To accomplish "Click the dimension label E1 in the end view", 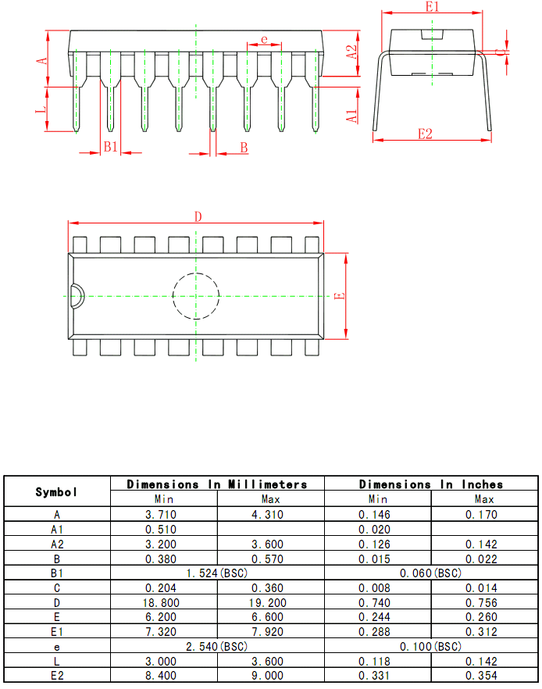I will pos(433,6).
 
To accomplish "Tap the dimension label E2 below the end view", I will pos(425,134).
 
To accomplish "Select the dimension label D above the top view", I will pos(198,216).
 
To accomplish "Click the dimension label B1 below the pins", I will pos(111,147).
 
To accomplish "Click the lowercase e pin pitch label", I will pos(264,39).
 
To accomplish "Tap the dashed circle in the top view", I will pos(196,296).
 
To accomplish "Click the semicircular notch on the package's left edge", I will pos(75,296).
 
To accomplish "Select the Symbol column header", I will pos(57,492).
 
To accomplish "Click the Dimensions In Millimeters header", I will pos(217,484).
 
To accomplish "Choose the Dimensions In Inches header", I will pos(431,484).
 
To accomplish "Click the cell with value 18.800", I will pos(163,602).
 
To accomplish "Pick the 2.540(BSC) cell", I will pos(217,647).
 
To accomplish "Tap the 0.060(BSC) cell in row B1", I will pos(431,573).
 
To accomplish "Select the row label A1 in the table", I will pos(57,529).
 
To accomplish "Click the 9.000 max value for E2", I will pos(271,676).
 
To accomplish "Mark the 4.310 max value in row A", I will pos(271,514).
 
